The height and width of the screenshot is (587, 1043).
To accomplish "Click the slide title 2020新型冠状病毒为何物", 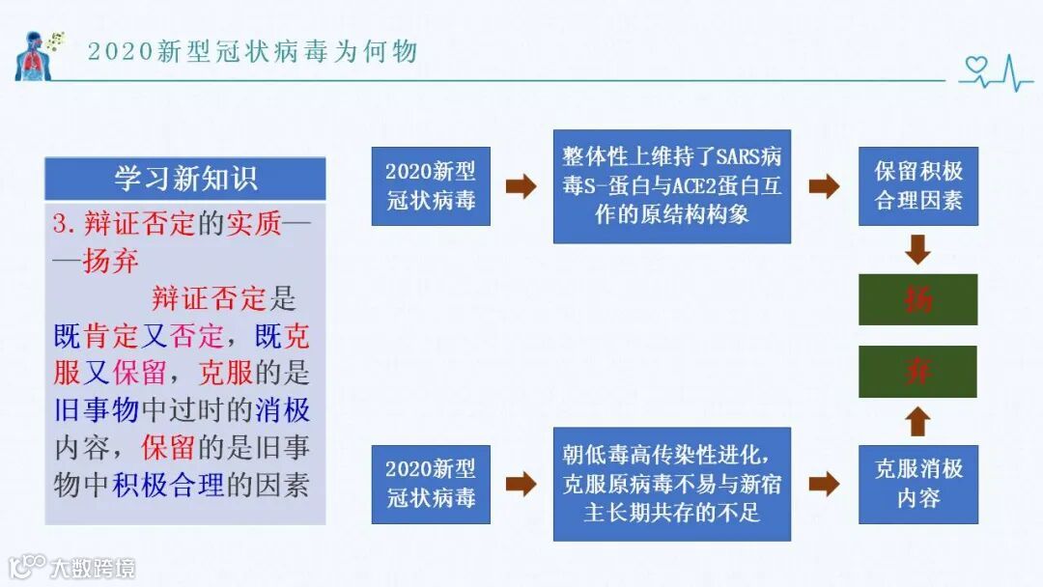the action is [x=252, y=51].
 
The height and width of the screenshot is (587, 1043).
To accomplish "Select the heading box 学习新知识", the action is [x=185, y=179].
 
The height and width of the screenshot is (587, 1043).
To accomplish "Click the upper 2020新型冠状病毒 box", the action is [x=431, y=186].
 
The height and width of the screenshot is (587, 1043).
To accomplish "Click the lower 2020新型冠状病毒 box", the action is [x=431, y=484].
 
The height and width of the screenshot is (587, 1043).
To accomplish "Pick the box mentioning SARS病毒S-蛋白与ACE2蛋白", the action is [x=671, y=186].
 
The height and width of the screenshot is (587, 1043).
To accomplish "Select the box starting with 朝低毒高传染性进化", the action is [x=671, y=484].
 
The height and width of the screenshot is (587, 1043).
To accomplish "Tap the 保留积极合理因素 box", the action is [x=918, y=186].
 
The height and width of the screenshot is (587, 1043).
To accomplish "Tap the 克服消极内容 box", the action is [x=918, y=484].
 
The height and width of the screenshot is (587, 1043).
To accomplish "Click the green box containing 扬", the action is [x=918, y=299].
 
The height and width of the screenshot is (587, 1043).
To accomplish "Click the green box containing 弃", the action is [x=918, y=372].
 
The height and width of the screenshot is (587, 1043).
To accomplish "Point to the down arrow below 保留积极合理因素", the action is [x=918, y=249].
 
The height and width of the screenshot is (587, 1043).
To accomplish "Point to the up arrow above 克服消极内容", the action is [x=918, y=421].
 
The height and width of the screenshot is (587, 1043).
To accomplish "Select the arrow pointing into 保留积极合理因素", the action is [x=824, y=186].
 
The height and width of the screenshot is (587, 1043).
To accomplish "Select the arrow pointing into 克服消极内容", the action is [x=824, y=484].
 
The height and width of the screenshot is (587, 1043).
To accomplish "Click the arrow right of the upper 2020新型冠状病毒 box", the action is [x=521, y=186].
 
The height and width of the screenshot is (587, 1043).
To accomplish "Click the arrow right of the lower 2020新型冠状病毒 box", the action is [x=521, y=484].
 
